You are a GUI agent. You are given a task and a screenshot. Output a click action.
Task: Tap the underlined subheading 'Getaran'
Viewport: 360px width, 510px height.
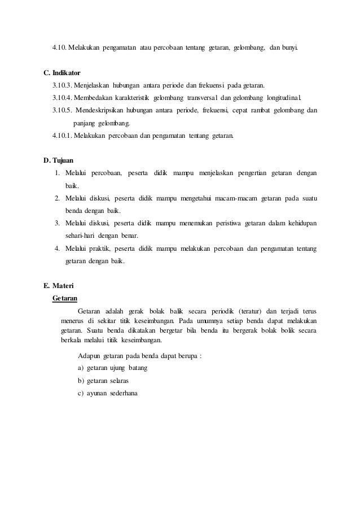(64, 297)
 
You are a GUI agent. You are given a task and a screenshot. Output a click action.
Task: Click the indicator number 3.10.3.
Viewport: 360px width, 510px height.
(62, 85)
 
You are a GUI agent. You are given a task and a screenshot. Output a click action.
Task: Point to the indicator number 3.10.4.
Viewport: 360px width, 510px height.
(62, 97)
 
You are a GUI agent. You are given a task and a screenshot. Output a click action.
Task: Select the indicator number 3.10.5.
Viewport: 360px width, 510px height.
(63, 110)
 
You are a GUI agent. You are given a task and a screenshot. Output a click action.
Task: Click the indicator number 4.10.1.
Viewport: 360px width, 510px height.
(62, 136)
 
